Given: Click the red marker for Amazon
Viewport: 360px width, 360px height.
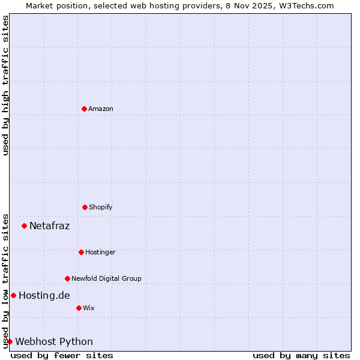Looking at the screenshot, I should (x=84, y=109).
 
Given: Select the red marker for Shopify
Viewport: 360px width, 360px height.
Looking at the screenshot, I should (x=85, y=207).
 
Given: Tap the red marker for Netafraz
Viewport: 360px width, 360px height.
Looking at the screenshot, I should (x=24, y=226).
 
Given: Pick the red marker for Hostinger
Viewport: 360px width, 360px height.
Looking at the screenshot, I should (x=81, y=252).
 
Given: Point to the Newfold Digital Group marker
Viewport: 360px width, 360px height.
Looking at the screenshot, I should (x=67, y=278).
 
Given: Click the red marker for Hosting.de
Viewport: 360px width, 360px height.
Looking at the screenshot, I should (x=13, y=295).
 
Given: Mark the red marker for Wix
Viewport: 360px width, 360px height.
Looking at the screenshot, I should (x=79, y=308).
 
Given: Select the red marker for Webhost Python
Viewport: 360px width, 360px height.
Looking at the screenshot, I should (x=10, y=341).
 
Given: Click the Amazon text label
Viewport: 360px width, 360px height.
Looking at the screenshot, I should (x=101, y=109).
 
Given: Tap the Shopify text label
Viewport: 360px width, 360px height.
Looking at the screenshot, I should (x=101, y=207).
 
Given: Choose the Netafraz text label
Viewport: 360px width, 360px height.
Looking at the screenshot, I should (x=49, y=226).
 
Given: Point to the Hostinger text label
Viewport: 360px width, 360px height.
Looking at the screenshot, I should (x=100, y=252).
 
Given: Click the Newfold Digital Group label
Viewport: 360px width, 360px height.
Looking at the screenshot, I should (x=106, y=278).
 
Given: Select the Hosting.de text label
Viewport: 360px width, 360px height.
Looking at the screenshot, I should (x=44, y=295).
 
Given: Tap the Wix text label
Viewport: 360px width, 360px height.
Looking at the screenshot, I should (x=89, y=308).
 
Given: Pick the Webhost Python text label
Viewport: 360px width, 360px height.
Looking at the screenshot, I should (x=54, y=341).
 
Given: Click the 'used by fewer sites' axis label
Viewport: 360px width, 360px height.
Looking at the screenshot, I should (x=62, y=355).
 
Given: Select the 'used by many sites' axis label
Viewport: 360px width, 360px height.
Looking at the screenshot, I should (x=301, y=355).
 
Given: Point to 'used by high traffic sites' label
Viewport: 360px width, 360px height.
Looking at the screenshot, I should (x=5, y=85).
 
